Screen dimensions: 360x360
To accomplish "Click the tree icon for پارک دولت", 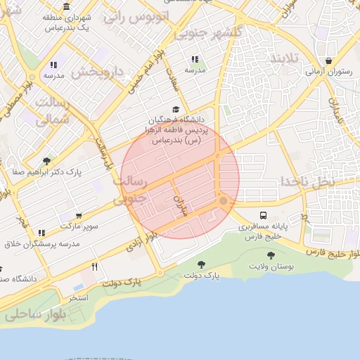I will (202, 264).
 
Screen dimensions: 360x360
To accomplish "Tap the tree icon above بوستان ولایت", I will (271, 255).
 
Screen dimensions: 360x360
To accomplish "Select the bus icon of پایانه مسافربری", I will (263, 215).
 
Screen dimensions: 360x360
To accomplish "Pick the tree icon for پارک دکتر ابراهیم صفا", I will (46, 161).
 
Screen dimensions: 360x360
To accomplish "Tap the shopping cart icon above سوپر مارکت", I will (79, 216).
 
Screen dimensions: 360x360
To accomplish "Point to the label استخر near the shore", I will (78, 298).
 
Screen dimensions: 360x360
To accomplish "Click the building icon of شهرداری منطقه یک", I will (66, 7).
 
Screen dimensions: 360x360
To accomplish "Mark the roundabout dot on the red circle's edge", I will (223, 201).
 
